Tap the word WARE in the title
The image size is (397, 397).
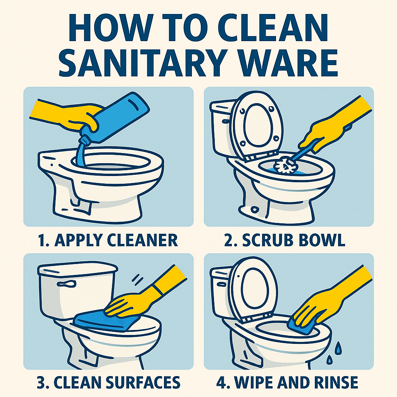pyautogui.click(x=288, y=62)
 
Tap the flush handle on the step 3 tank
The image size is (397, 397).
pyautogui.click(x=67, y=284)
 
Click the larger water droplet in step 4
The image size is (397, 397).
pyautogui.click(x=338, y=348)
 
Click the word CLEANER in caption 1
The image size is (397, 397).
pyautogui.click(x=142, y=240)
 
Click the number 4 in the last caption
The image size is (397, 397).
pyautogui.click(x=221, y=382)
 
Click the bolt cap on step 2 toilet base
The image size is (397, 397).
pyautogui.click(x=255, y=209)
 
